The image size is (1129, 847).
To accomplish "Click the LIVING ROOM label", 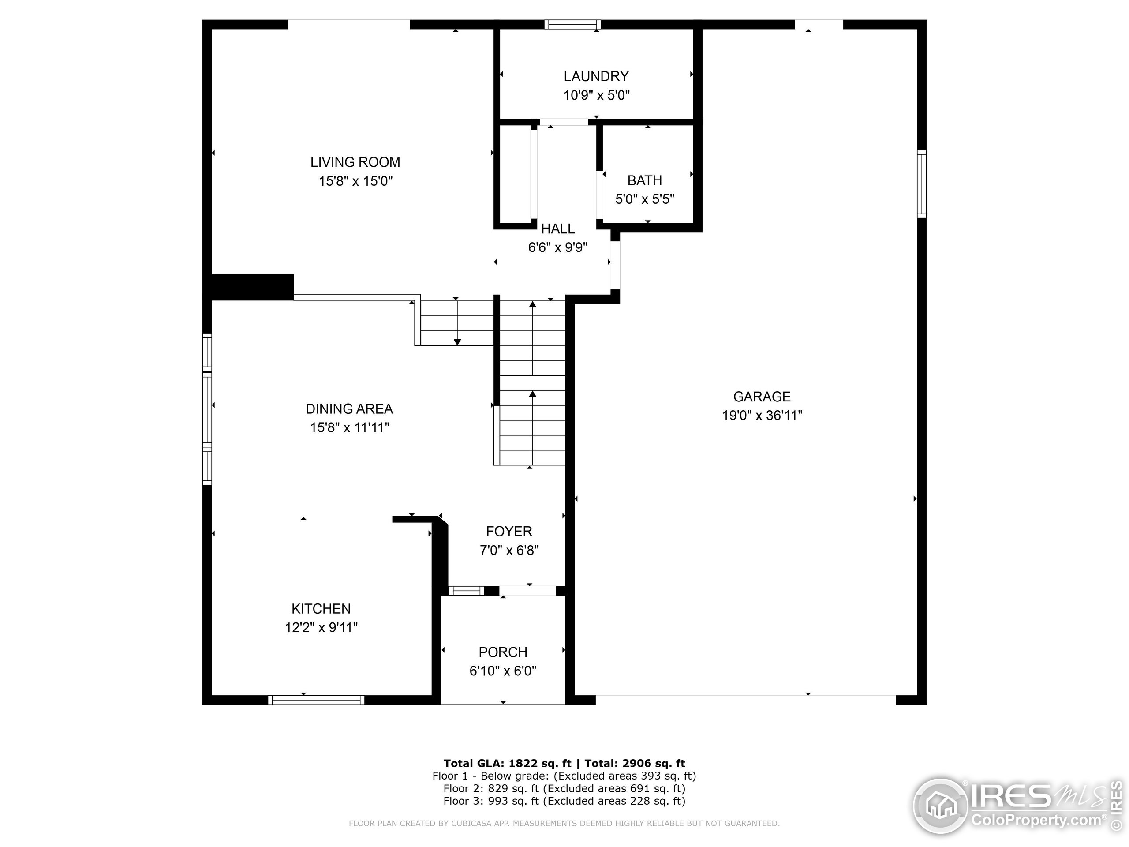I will pyautogui.click(x=355, y=162).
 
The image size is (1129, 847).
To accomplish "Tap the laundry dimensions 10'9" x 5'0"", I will pyautogui.click(x=596, y=95).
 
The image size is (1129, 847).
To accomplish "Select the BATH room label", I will pyautogui.click(x=644, y=180).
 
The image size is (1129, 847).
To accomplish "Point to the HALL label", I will pyautogui.click(x=557, y=229).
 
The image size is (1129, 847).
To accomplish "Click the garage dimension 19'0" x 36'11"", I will pyautogui.click(x=762, y=416).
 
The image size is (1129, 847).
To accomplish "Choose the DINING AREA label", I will pyautogui.click(x=349, y=409).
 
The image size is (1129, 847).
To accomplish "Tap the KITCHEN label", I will pyautogui.click(x=321, y=609).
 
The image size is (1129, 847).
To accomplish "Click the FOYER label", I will pyautogui.click(x=509, y=532).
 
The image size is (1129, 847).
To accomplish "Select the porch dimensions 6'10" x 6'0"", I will pyautogui.click(x=503, y=671).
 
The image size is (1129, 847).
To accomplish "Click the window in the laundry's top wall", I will pyautogui.click(x=572, y=24).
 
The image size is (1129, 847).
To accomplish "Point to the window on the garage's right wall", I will pyautogui.click(x=921, y=184).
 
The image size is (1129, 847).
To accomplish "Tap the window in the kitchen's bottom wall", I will pyautogui.click(x=316, y=700).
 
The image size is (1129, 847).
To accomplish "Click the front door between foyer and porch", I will pyautogui.click(x=527, y=591).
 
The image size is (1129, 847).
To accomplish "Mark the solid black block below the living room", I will pyautogui.click(x=252, y=287).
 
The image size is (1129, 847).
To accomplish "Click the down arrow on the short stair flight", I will pyautogui.click(x=457, y=341).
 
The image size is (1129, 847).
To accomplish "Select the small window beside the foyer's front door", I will pyautogui.click(x=467, y=591).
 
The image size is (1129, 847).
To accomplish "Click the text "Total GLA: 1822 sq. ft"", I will pyautogui.click(x=507, y=763).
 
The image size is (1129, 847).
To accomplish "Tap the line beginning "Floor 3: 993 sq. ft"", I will pyautogui.click(x=564, y=801).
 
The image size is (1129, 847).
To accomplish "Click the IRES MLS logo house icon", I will pyautogui.click(x=941, y=806).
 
